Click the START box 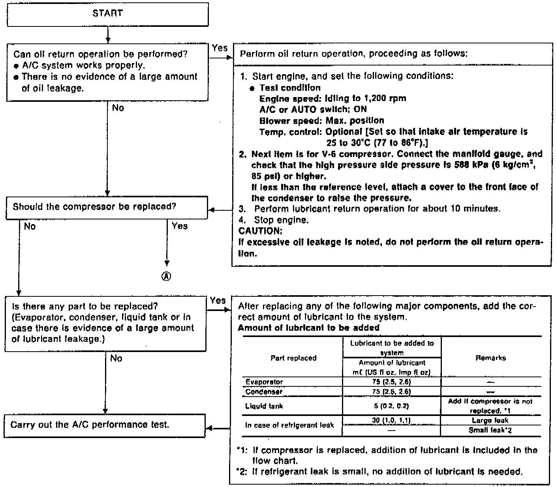(107, 14)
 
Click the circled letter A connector (167, 277)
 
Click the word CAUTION (260, 231)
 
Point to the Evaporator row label (264, 382)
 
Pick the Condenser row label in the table (264, 392)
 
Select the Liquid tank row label (264, 406)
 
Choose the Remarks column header (491, 358)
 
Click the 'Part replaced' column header (293, 358)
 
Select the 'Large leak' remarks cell (490, 421)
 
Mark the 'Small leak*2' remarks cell (490, 431)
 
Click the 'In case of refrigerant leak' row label (289, 425)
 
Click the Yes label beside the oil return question (220, 48)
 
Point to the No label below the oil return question (118, 108)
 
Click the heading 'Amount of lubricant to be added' (308, 328)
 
